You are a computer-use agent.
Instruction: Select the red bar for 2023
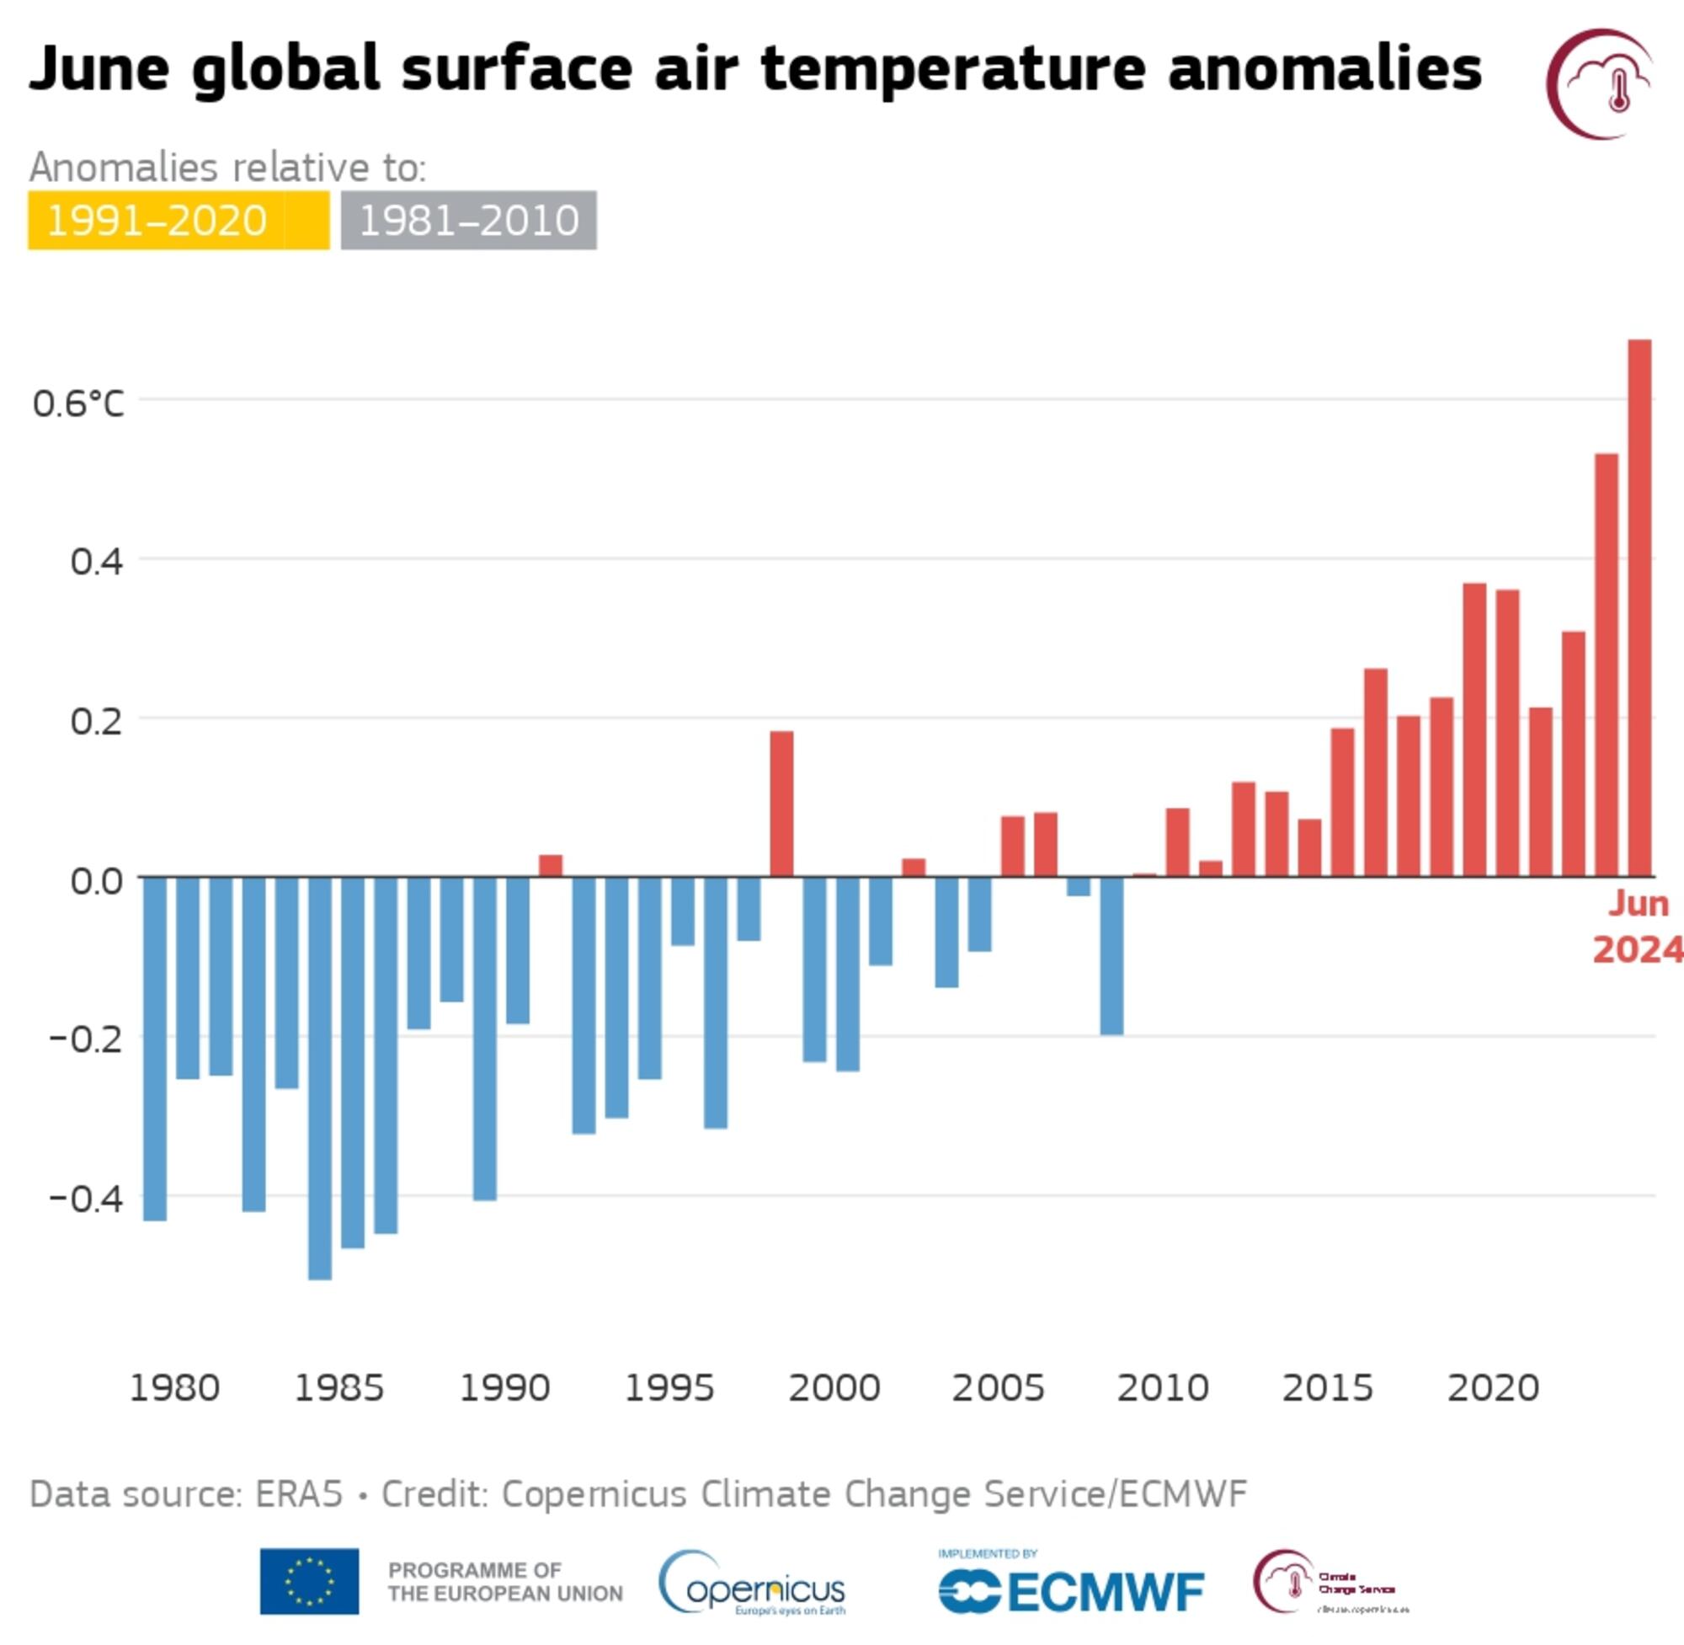pos(1607,665)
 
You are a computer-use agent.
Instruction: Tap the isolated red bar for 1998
pos(781,804)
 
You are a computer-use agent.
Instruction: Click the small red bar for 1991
pos(550,866)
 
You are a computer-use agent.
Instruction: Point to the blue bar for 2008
pos(1111,955)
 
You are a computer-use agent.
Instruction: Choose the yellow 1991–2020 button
pos(178,221)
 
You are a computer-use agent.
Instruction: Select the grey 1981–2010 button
pos(468,221)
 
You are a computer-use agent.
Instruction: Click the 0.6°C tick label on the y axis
pos(78,403)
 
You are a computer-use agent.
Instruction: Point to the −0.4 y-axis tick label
pos(87,1199)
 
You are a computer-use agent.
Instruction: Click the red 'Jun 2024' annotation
pos(1638,927)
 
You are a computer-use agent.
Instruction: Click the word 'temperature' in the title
pos(954,69)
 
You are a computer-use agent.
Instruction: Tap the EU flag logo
pos(309,1581)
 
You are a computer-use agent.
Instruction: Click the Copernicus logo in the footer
pos(751,1584)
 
